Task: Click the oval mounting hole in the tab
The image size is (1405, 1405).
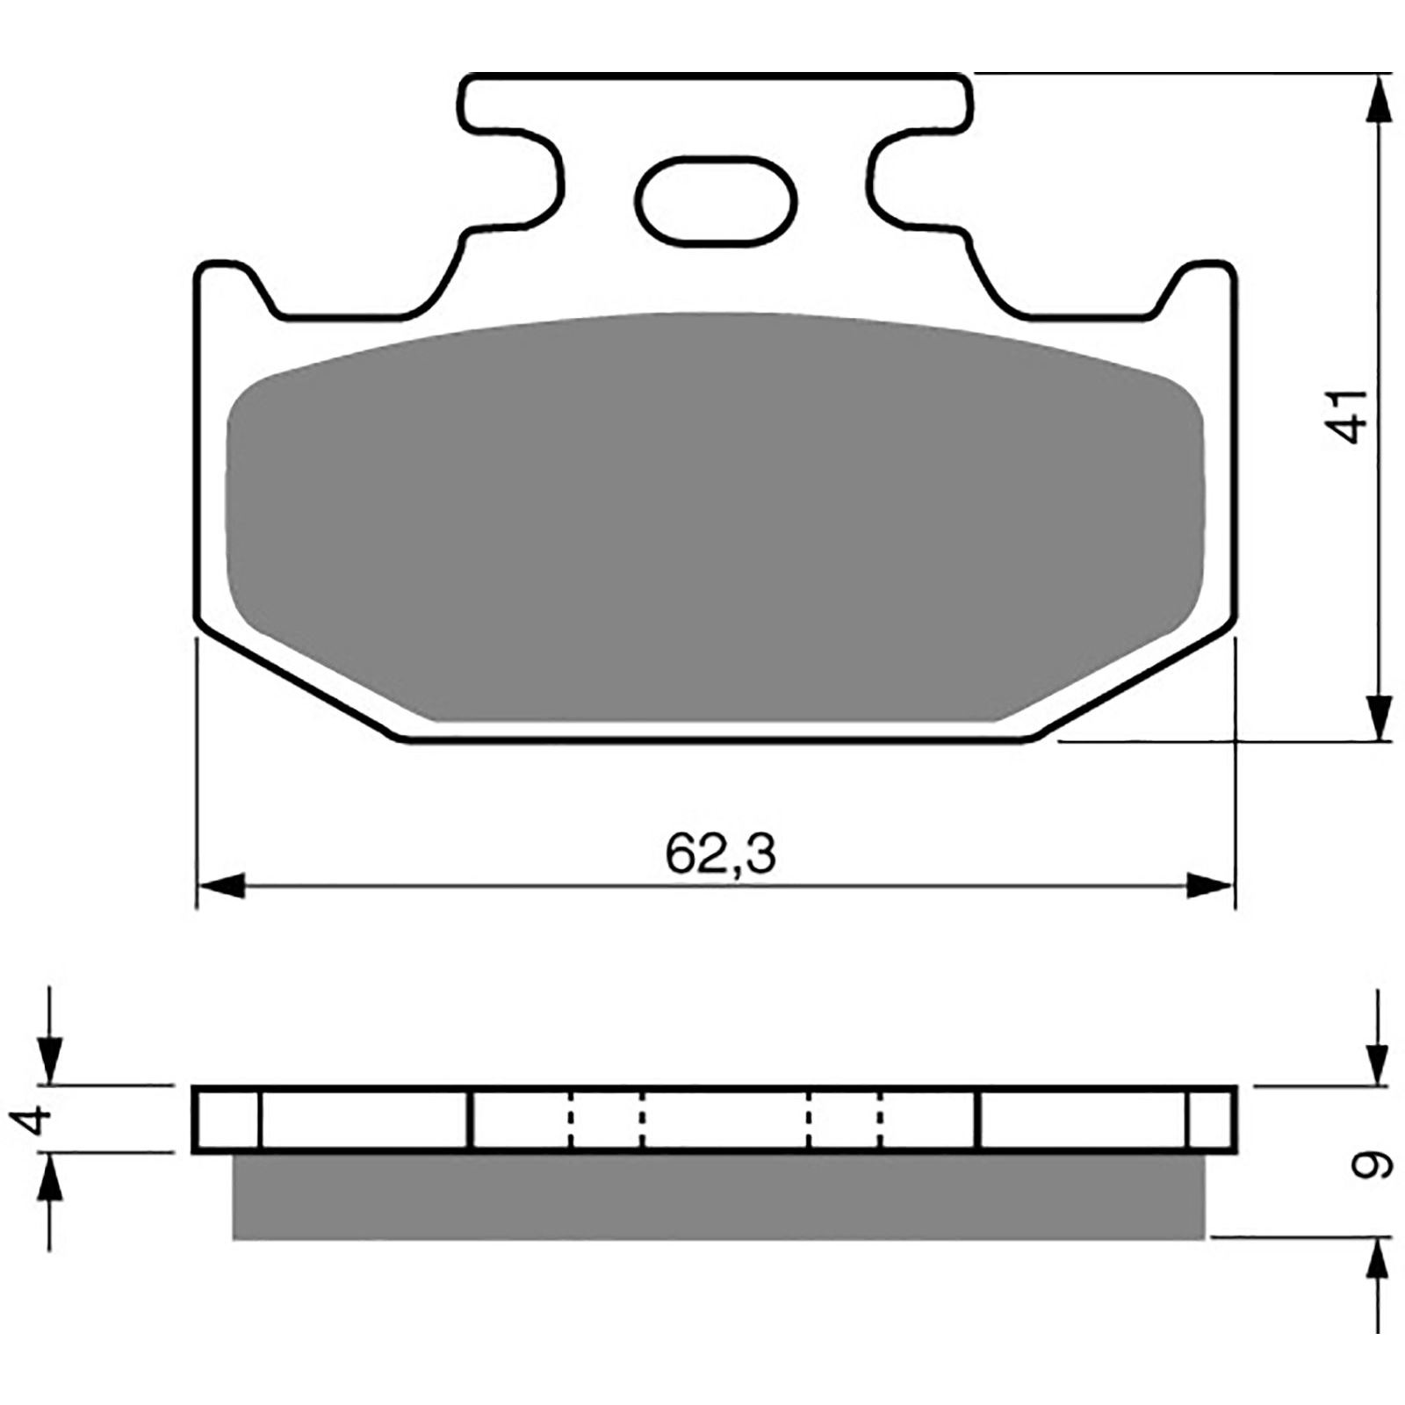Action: click(x=718, y=199)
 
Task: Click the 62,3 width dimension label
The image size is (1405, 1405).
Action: click(x=721, y=854)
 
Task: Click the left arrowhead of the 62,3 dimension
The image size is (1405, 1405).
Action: click(x=220, y=885)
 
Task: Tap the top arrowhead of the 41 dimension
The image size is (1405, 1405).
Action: click(x=1380, y=98)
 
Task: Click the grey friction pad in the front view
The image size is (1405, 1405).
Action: click(x=714, y=518)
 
